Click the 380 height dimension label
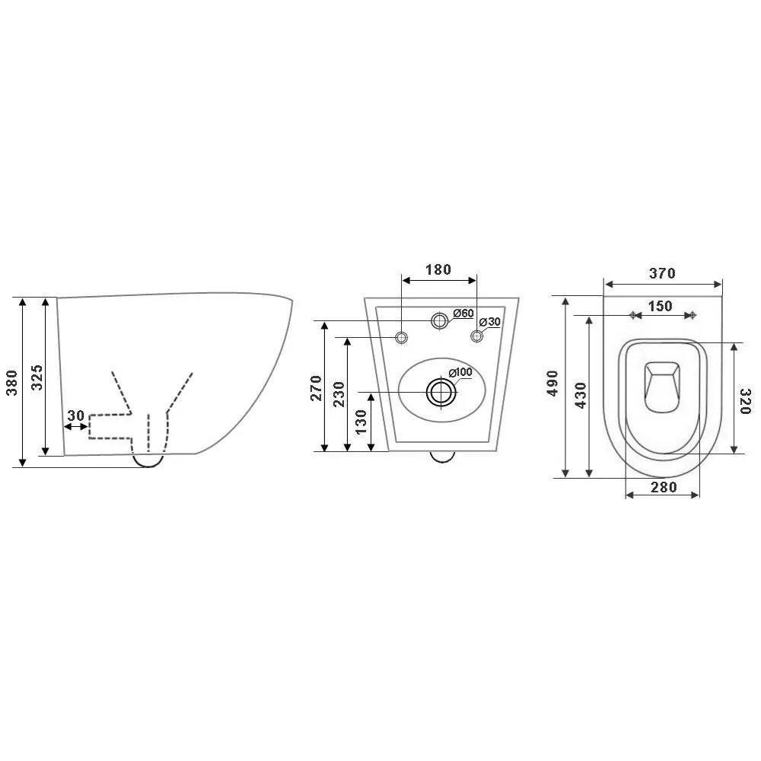point(12,383)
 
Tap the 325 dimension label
point(37,377)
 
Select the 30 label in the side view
point(75,416)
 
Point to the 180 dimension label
point(438,270)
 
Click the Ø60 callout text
point(463,314)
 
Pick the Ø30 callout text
point(489,322)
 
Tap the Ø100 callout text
point(460,373)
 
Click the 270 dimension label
point(316,388)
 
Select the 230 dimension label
point(339,394)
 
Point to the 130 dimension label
point(361,422)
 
